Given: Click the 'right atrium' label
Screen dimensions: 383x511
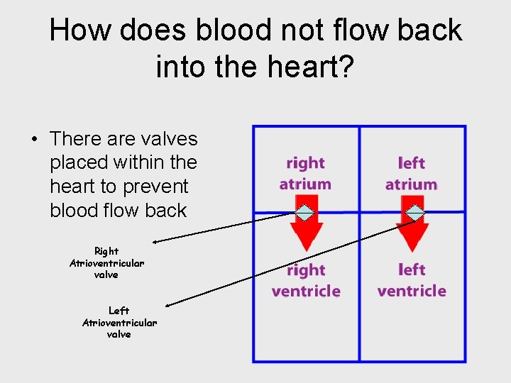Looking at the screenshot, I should pyautogui.click(x=305, y=174).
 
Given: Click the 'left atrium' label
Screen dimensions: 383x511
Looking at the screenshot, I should pyautogui.click(x=411, y=174).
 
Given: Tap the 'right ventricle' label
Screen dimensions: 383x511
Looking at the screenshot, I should pyautogui.click(x=306, y=281).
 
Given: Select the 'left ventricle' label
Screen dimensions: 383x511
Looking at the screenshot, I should pyautogui.click(x=412, y=281).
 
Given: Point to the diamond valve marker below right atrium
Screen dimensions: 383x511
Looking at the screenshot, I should pyautogui.click(x=304, y=212).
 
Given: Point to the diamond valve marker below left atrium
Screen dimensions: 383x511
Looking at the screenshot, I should pyautogui.click(x=414, y=212).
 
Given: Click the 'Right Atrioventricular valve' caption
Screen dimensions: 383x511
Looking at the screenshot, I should pyautogui.click(x=106, y=262).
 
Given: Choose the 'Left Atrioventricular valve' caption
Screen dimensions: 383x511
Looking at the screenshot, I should pyautogui.click(x=119, y=322).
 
